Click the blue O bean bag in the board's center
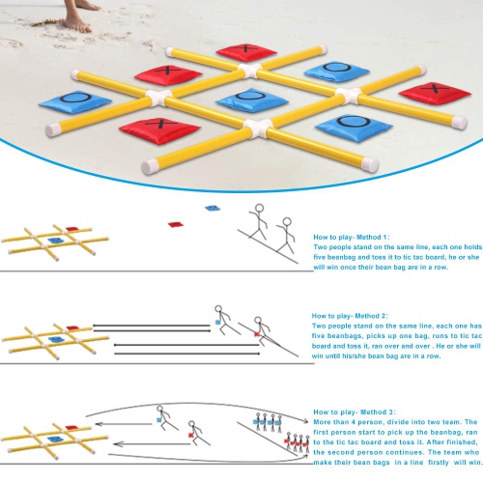[x=243, y=99]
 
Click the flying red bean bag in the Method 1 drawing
[x=175, y=224]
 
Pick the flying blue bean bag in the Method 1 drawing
[x=212, y=209]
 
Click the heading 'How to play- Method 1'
[x=351, y=237]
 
